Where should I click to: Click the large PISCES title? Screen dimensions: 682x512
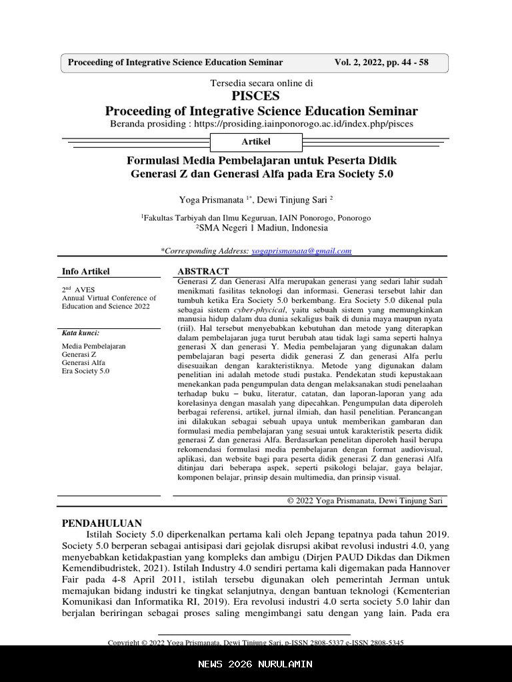tap(255, 96)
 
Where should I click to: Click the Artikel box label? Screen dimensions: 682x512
tap(256, 142)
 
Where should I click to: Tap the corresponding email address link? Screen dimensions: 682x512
tap(301, 251)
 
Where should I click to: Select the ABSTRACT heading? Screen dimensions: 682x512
tap(203, 271)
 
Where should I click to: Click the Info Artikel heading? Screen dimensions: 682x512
tap(86, 271)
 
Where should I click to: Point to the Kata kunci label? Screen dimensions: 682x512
tap(81, 332)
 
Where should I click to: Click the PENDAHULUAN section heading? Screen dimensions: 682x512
tap(102, 523)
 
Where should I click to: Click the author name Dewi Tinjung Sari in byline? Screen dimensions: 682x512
tap(292, 199)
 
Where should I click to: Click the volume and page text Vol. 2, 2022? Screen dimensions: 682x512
tap(381, 63)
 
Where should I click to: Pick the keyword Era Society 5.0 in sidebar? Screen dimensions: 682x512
tap(86, 371)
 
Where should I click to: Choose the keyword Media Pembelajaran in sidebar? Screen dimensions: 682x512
tap(94, 346)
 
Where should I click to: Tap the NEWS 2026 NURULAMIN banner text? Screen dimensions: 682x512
tap(255, 664)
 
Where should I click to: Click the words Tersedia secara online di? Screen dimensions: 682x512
tap(261, 83)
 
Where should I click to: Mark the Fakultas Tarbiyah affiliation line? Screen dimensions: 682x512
tap(256, 218)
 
